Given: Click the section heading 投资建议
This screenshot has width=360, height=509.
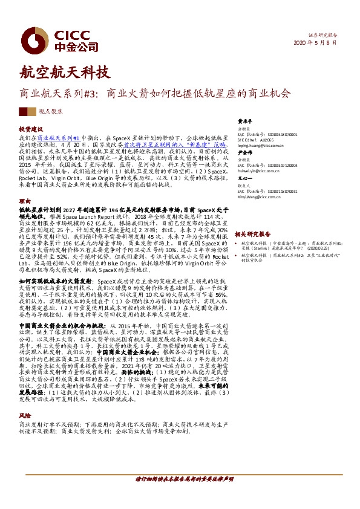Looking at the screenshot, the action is (30, 129).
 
